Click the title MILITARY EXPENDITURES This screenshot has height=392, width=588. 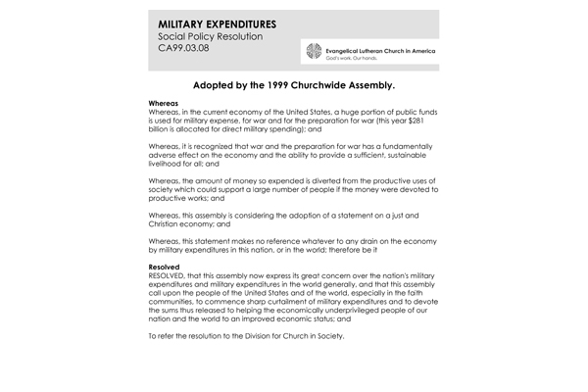point(216,23)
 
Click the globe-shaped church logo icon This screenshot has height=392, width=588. point(313,54)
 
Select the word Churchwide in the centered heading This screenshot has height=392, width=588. point(331,85)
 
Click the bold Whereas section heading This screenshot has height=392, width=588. point(163,103)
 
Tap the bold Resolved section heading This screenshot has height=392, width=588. point(164,266)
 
